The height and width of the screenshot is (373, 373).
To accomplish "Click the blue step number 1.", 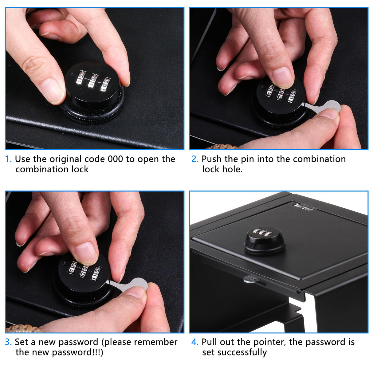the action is pos(8,159).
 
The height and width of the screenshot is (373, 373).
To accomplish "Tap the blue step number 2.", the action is pos(195,159).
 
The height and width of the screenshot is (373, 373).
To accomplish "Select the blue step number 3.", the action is pos(8,342).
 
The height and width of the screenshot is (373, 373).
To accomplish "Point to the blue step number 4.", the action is pos(195,342).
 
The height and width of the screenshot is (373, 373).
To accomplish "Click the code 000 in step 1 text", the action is pos(115,159).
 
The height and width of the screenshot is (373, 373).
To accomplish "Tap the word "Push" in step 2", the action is pos(211,159).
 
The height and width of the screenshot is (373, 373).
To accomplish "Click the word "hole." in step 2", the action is pos(232,169).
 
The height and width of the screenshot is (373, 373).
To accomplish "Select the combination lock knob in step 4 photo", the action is pos(264,241).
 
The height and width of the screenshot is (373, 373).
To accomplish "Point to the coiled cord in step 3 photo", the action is pos(23,328).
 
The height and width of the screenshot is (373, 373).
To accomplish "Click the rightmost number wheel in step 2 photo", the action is pos(292,96).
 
